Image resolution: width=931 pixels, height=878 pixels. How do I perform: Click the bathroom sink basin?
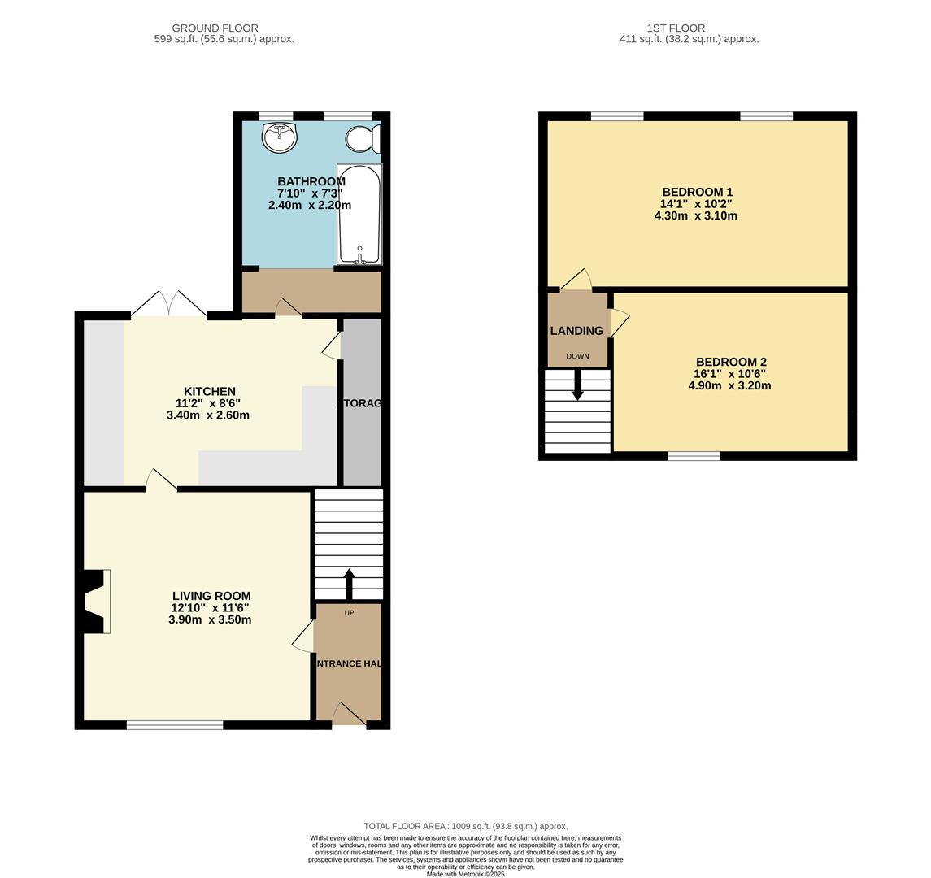point(279,137)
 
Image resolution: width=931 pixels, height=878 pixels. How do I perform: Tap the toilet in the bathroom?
point(362,139)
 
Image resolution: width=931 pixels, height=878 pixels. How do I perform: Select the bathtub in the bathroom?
point(359,215)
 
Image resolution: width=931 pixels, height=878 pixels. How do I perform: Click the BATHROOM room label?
point(311,181)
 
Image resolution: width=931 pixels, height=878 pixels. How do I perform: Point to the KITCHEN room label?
point(210,391)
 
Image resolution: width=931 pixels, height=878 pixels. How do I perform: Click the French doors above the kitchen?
point(169,305)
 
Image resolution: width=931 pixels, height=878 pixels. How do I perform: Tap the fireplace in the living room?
point(94,601)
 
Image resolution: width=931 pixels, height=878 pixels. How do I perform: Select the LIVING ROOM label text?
point(211,596)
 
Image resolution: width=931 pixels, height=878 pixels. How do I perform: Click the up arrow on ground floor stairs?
point(350,582)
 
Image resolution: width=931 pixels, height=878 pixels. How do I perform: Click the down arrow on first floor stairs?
point(577,385)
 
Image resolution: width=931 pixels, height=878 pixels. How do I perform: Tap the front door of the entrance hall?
point(349,715)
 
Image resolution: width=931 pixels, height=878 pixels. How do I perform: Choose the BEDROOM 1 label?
point(697,193)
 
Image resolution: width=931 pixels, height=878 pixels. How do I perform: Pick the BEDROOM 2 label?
point(731,362)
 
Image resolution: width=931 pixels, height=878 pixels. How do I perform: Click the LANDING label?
point(576,331)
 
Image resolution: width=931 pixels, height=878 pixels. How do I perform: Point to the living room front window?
point(175,724)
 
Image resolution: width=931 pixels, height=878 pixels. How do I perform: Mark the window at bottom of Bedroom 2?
point(694,456)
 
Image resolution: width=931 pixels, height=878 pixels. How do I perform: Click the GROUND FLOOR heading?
point(215,28)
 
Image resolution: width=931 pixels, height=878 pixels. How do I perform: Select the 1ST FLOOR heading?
point(676,28)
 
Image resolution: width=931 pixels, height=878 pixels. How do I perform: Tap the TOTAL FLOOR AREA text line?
point(465,826)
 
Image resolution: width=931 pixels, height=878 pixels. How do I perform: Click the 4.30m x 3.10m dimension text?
point(695,216)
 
